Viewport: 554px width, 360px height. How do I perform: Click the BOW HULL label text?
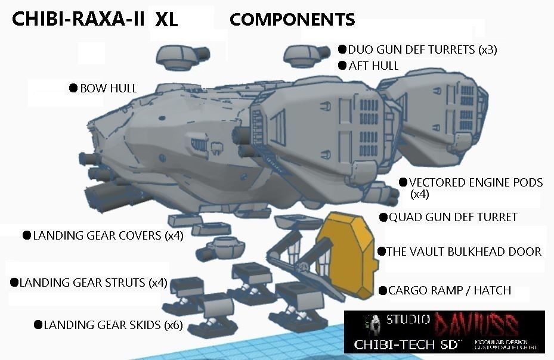coord(109,88)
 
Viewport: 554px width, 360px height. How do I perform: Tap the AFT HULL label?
coord(374,66)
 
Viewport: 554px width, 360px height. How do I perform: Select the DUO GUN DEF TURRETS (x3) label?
coord(422,49)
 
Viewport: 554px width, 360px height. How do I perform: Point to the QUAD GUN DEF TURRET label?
coord(453,218)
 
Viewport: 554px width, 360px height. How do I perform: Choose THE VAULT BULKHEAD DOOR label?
coord(464,252)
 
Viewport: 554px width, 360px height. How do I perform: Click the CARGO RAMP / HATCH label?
coord(450,291)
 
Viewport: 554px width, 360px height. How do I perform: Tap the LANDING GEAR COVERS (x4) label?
coord(108,235)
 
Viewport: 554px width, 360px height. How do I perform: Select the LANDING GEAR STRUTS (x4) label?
coord(93,283)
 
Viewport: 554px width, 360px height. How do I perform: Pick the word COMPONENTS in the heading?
coord(292,20)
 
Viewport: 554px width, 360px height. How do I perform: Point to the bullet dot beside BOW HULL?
coord(73,88)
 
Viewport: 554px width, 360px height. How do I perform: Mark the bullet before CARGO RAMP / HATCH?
coord(382,291)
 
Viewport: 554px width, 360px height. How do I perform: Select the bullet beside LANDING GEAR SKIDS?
coord(38,325)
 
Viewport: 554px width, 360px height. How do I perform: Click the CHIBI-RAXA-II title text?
coord(78,19)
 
